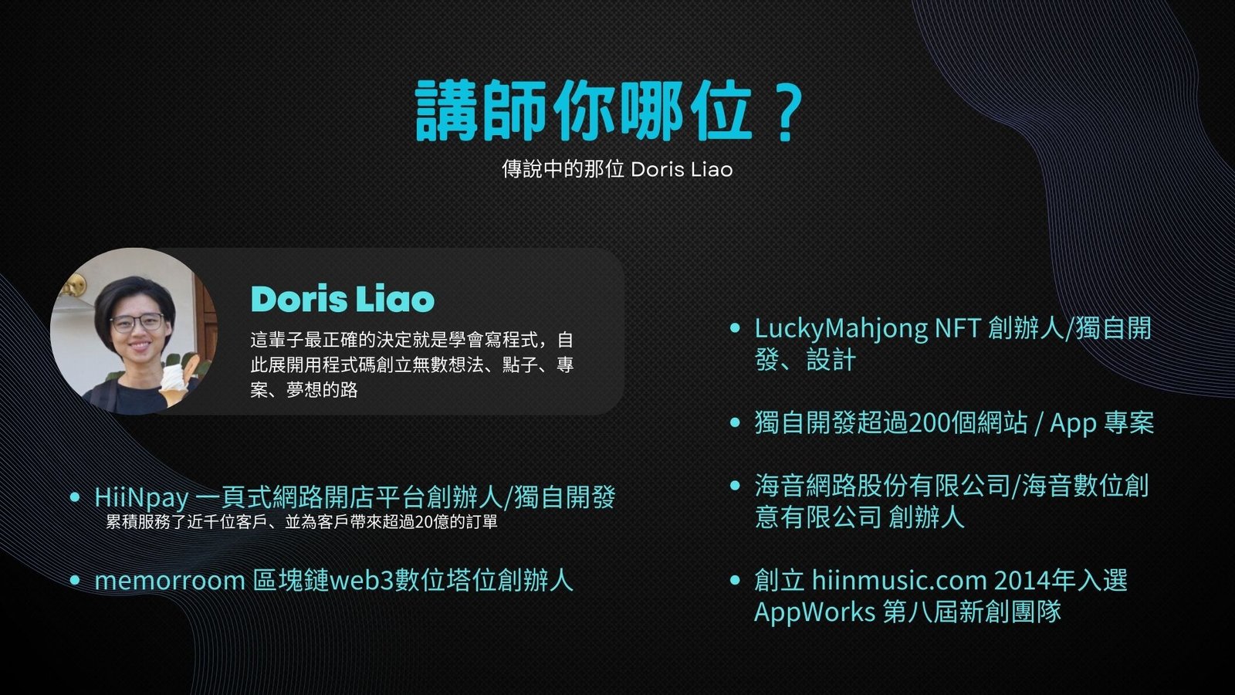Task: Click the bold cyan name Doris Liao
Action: [x=343, y=299]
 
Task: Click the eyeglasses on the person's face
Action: [x=137, y=322]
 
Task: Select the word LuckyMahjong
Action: [x=841, y=329]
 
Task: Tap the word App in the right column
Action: [x=1073, y=425]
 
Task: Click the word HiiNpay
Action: [x=142, y=498]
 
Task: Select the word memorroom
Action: [x=170, y=581]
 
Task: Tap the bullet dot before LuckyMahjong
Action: [x=734, y=328]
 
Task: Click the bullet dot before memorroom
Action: [x=75, y=580]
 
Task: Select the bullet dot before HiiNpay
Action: [x=75, y=497]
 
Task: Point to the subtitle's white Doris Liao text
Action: [x=682, y=170]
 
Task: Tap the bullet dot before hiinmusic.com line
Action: [x=734, y=580]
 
